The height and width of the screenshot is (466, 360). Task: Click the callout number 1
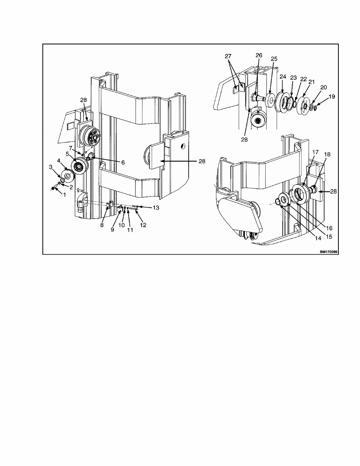65,195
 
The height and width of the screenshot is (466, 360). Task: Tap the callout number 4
59,160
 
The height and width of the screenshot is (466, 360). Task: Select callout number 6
123,163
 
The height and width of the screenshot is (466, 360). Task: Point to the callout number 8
102,225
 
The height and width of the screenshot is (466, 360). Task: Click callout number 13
156,208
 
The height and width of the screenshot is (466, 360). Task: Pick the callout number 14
318,238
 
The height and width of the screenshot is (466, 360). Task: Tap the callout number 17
315,152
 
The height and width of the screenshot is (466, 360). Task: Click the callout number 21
311,82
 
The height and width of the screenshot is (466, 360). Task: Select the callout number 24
283,77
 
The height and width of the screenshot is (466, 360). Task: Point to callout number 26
258,55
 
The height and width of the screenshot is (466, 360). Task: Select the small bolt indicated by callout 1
54,188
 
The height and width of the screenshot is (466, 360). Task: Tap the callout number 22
303,79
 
